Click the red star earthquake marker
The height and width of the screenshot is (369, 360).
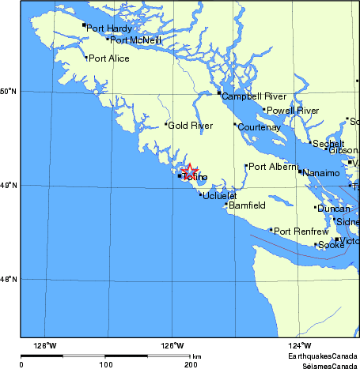click(x=190, y=171)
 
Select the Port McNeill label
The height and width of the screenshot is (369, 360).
click(x=135, y=40)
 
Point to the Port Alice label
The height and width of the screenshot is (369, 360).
click(x=109, y=58)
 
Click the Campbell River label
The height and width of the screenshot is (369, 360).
click(x=253, y=96)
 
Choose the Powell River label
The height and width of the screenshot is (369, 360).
click(x=293, y=111)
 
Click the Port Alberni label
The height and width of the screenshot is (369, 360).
click(x=273, y=167)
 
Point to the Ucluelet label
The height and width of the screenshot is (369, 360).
click(x=219, y=195)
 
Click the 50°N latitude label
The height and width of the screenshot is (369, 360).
click(x=9, y=92)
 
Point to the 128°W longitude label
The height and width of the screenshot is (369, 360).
click(x=45, y=345)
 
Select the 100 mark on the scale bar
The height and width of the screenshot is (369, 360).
click(x=106, y=365)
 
